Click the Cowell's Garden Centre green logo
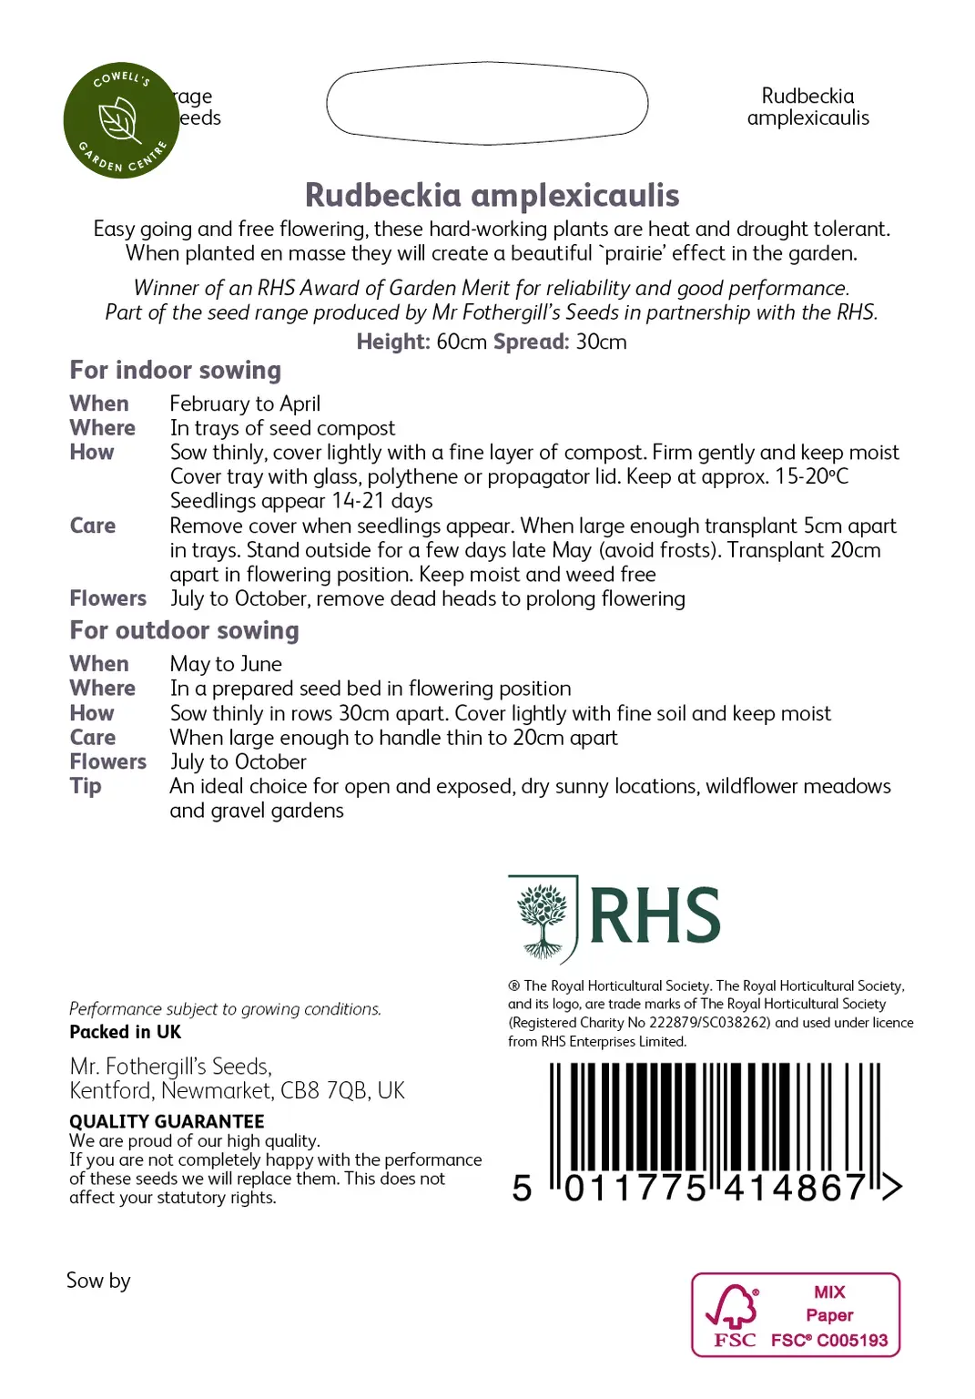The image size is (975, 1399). tap(121, 120)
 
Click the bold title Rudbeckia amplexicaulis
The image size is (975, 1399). tap(492, 195)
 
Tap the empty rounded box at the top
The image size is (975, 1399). tap(487, 103)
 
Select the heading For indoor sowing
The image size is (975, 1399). tap(175, 370)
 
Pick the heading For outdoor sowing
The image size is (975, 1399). tap(184, 630)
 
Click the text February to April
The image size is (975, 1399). tap(245, 403)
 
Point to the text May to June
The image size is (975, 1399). tap(226, 664)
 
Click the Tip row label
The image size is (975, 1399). tap(86, 786)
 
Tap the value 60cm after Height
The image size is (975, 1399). tap(462, 342)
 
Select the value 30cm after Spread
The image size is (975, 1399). tap(601, 342)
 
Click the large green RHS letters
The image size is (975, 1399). tap(655, 916)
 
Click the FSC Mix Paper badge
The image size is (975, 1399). tap(796, 1315)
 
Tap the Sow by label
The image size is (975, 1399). tap(98, 1281)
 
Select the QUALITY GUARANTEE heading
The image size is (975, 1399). tap(167, 1121)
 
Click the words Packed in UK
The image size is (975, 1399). tap(125, 1032)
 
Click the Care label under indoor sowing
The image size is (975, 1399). tap(93, 526)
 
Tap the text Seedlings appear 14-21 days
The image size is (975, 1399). tap(301, 501)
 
